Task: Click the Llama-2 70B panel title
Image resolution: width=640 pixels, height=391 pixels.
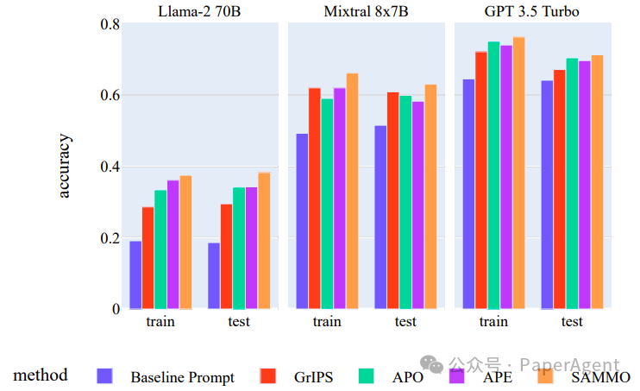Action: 198,11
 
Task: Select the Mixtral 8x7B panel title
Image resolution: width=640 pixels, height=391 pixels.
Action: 366,11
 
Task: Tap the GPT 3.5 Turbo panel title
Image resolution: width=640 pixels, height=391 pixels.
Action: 532,11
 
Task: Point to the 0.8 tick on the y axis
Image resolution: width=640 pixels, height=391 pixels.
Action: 110,24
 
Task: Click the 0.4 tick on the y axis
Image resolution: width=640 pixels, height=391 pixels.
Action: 110,167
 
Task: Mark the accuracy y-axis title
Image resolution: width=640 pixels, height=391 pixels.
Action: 66,166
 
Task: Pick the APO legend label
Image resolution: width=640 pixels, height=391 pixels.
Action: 407,377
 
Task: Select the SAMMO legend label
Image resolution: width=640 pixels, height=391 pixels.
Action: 600,377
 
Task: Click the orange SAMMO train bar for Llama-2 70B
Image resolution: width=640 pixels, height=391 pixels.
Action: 185,242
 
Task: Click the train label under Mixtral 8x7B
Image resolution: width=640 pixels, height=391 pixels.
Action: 327,322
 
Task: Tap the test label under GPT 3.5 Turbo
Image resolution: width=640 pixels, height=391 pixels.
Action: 572,322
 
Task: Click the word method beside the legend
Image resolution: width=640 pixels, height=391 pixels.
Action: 41,375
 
